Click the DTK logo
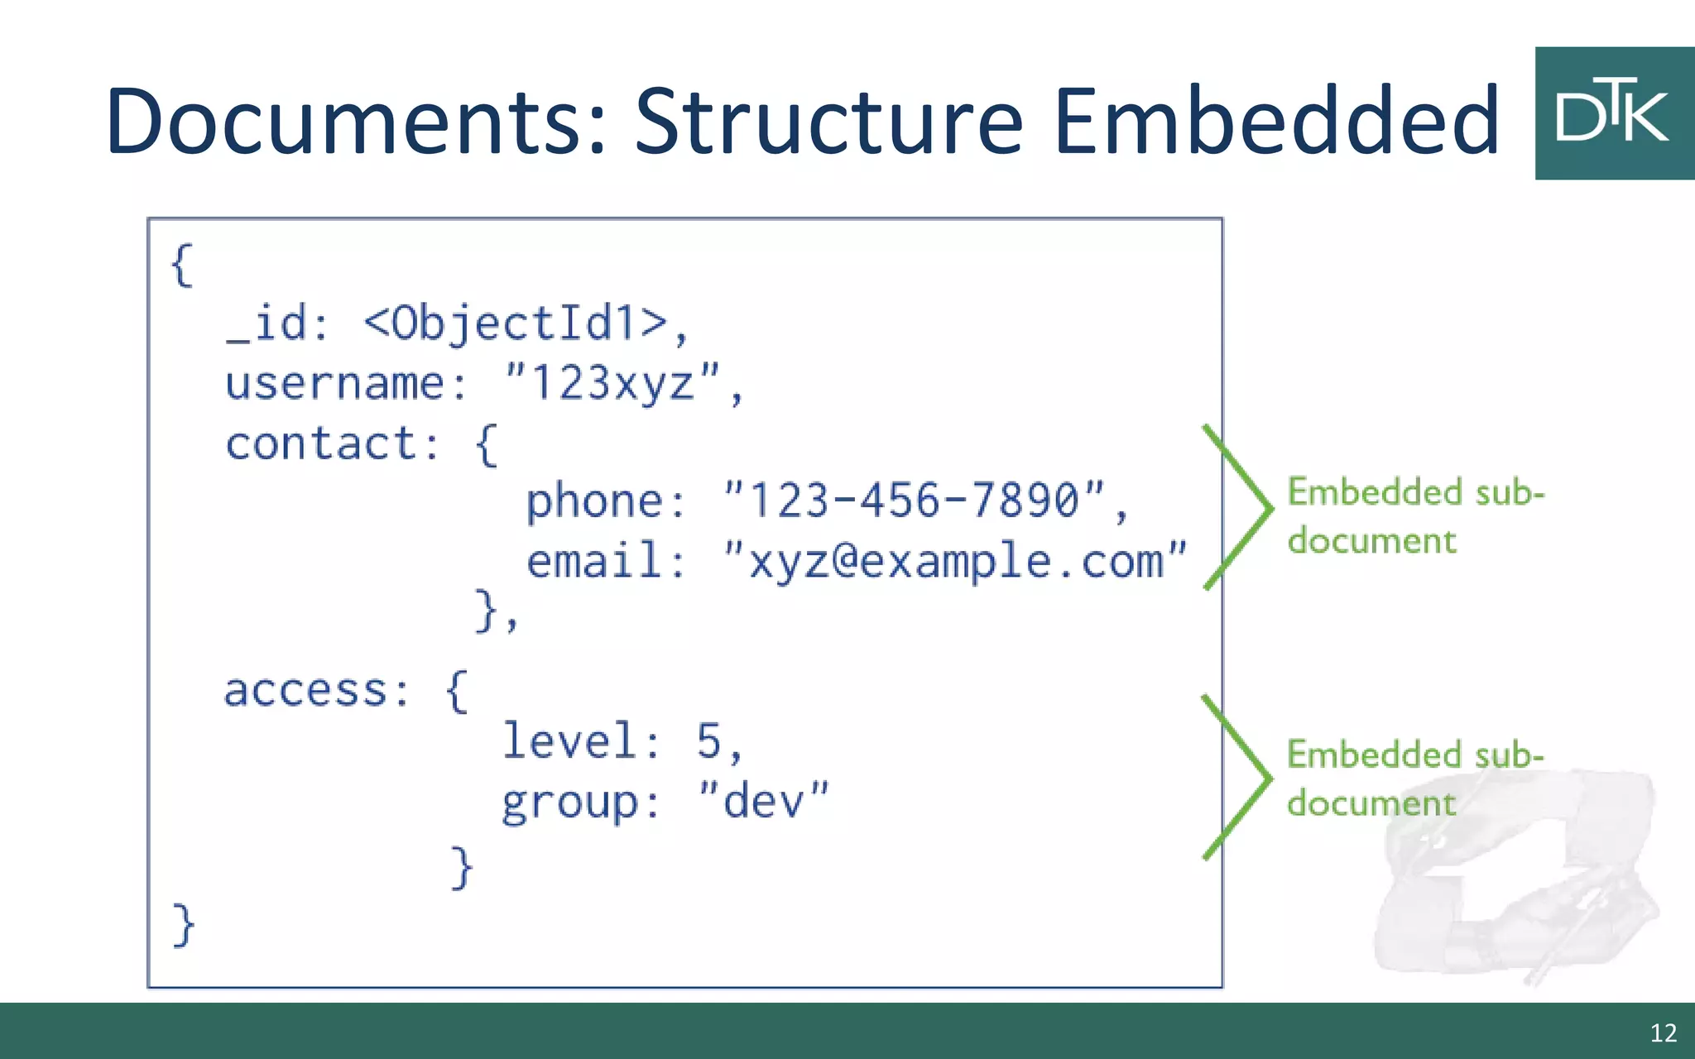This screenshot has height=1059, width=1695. (1614, 113)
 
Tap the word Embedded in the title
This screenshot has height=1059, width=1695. (1276, 122)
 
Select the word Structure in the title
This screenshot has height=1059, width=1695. (830, 122)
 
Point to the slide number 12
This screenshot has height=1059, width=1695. (1663, 1033)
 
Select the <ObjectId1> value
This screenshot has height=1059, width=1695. (515, 323)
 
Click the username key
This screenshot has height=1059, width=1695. (336, 384)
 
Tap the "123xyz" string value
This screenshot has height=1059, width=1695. (613, 382)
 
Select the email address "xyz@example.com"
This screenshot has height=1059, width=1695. (955, 562)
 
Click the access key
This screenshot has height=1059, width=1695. (305, 690)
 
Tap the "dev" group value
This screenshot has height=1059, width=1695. (763, 801)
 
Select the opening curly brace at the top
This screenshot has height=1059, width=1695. (182, 266)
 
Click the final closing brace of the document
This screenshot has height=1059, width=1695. (183, 925)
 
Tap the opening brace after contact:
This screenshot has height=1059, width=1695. (487, 445)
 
